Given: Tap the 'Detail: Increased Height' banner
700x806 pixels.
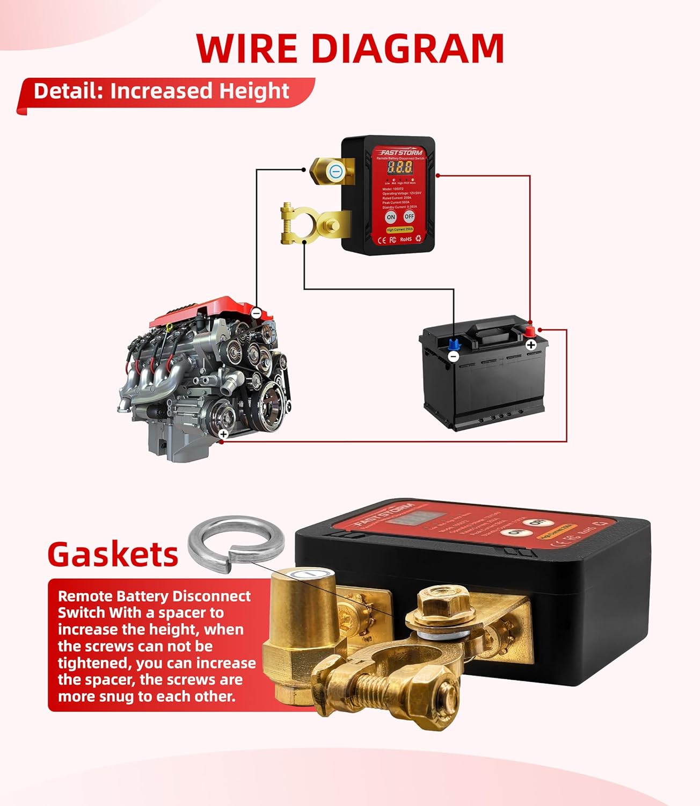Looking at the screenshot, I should click(161, 91).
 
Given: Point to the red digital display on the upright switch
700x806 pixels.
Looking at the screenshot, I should click(400, 167).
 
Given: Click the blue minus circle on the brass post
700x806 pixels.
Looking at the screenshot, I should click(336, 171).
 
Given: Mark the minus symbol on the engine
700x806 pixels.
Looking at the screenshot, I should click(256, 312).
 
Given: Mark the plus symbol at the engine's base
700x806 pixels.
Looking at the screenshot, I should click(224, 434).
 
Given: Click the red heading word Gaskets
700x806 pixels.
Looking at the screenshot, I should click(113, 554).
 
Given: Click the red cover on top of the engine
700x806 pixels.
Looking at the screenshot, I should click(204, 311).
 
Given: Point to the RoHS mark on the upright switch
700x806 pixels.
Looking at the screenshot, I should click(405, 239).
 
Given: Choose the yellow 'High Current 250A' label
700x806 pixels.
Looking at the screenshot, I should click(399, 229).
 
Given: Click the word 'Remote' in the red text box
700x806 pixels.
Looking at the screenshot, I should click(84, 596).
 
